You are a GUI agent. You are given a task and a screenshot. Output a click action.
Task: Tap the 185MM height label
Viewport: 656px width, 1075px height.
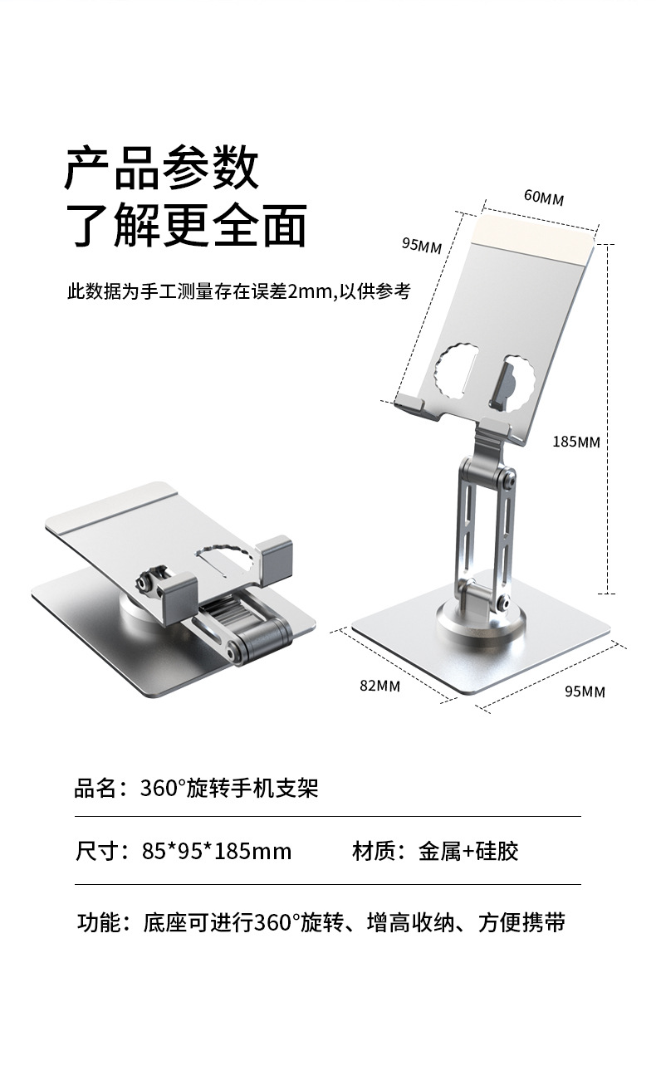575,442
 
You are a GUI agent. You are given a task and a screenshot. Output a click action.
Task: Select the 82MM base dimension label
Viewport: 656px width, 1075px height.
379,685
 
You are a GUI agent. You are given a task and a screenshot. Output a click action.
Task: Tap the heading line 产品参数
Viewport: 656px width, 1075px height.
163,169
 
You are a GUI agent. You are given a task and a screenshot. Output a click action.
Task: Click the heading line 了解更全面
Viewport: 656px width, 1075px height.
186,225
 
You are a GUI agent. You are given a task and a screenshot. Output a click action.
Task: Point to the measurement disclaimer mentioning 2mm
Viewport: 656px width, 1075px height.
238,291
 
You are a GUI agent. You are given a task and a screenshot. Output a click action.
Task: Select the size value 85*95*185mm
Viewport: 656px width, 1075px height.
217,851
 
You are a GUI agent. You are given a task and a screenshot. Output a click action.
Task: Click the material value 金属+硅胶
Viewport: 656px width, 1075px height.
468,851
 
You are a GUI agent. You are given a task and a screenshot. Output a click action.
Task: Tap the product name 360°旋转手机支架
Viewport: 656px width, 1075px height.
229,788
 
